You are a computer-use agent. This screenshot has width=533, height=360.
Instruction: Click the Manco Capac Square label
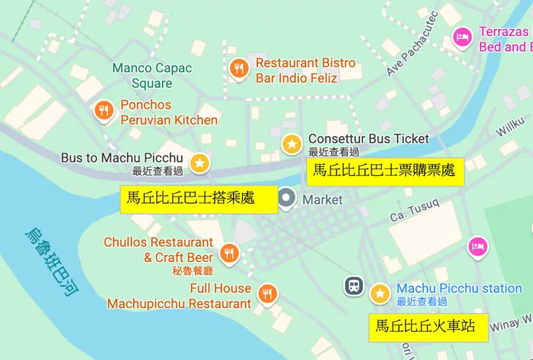point(152,75)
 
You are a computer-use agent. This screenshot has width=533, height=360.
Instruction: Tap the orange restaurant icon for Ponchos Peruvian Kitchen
point(105,110)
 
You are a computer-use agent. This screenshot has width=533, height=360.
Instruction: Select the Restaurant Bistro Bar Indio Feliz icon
point(239,68)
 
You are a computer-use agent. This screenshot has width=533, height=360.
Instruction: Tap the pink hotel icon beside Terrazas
point(462,36)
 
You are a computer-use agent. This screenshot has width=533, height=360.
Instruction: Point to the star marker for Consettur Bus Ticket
point(292,144)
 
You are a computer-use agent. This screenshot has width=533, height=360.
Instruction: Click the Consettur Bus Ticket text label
point(368,139)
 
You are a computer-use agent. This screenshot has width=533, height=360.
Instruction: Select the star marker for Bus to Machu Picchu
point(200,163)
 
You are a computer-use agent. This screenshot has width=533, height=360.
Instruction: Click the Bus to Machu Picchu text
point(122,158)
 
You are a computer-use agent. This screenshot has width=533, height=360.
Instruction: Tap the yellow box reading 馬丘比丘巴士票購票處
point(383,171)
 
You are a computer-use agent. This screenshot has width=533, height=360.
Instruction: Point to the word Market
point(323,199)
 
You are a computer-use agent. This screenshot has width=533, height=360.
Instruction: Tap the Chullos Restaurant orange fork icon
point(230,253)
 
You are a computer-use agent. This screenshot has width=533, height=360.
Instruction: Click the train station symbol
point(354,286)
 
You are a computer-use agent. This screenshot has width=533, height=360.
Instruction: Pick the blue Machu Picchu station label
point(459,288)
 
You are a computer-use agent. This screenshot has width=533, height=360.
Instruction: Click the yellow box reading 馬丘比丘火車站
point(427,326)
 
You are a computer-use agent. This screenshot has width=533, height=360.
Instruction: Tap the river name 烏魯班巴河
point(52,264)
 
